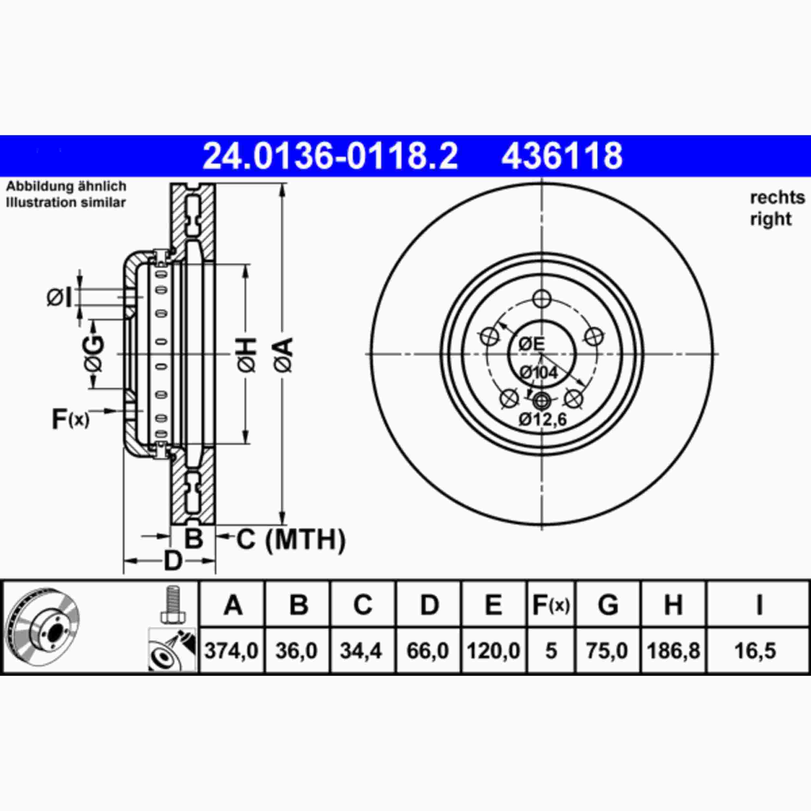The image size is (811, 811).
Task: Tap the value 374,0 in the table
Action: tap(231, 651)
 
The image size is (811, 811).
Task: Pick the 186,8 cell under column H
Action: tap(673, 651)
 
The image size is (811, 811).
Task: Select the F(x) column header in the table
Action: tap(551, 605)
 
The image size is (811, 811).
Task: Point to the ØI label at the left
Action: tap(59, 297)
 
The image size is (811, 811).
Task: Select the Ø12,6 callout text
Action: tap(543, 419)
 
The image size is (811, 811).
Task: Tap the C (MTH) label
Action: tap(291, 539)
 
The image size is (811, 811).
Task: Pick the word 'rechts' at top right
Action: tap(777, 197)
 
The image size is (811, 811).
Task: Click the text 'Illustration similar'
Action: tap(66, 202)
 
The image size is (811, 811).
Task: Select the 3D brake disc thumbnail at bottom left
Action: tap(42, 628)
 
